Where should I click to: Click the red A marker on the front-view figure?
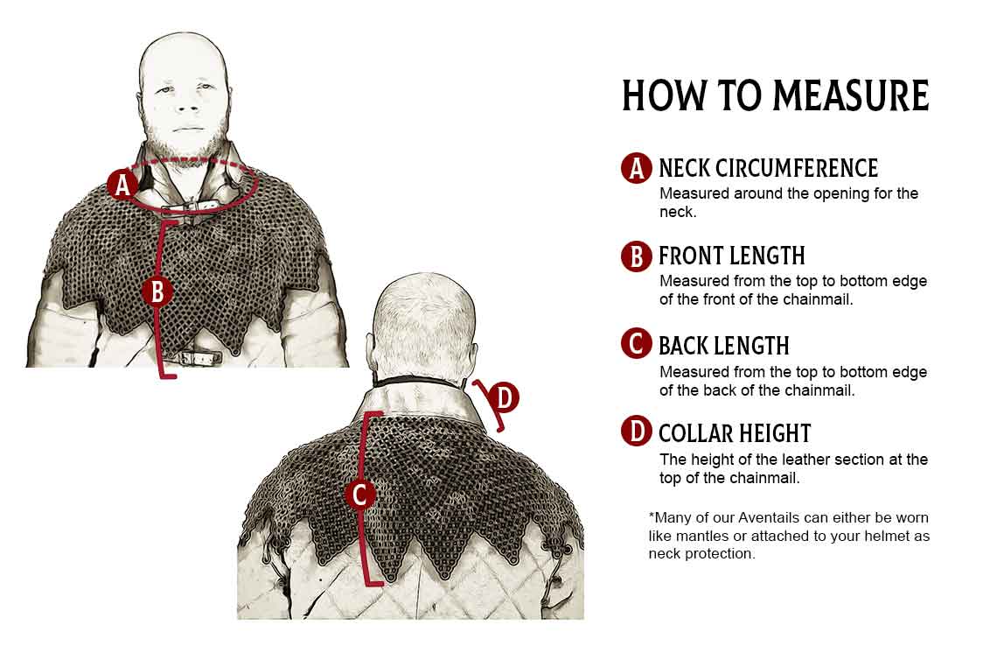click(x=122, y=185)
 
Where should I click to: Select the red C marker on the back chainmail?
click(x=360, y=494)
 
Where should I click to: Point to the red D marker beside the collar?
click(x=504, y=397)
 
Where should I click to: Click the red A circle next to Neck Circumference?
click(x=637, y=168)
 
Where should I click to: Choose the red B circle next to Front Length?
click(x=637, y=256)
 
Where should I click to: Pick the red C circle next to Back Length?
click(x=637, y=344)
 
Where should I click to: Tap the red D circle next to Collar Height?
click(x=637, y=432)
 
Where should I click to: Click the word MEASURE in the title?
click(x=851, y=95)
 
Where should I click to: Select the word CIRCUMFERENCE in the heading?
click(x=802, y=168)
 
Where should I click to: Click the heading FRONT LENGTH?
click(x=732, y=256)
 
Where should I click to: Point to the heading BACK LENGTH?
click(x=724, y=346)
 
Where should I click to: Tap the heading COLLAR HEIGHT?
click(x=735, y=433)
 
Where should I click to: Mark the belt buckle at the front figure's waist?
click(x=199, y=357)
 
